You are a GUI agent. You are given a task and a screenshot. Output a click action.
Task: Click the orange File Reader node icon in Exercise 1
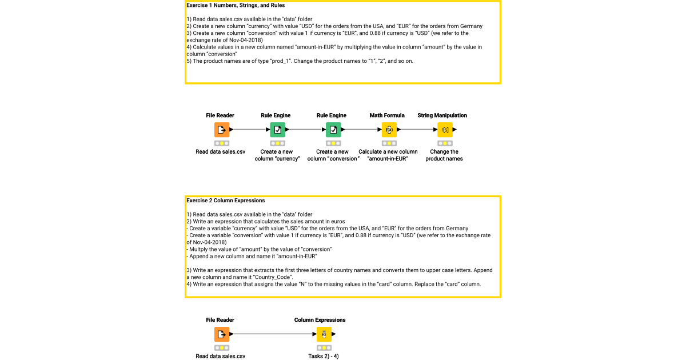[x=222, y=130]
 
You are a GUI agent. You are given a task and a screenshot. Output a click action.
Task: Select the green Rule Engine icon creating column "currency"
[x=277, y=130]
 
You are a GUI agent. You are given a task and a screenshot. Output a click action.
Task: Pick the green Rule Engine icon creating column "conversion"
[x=333, y=130]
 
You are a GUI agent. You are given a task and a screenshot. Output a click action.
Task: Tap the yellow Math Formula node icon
[x=389, y=130]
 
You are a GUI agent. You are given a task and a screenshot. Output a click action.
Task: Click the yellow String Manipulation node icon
[x=445, y=130]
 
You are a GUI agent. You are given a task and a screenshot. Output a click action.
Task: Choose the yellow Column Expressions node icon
[x=324, y=334]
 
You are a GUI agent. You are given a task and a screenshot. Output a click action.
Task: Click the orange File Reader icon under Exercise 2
[x=222, y=334]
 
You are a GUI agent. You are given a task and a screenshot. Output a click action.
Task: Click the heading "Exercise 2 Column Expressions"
[x=226, y=201]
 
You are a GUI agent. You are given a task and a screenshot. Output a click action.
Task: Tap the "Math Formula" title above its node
[x=387, y=115]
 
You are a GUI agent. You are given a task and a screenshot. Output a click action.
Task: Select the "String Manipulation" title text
[x=442, y=115]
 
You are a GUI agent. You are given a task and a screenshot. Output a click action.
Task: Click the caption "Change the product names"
[x=444, y=155]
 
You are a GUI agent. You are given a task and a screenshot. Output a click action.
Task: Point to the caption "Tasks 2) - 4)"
[x=324, y=356]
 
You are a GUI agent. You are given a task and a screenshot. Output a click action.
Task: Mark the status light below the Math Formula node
[x=389, y=143]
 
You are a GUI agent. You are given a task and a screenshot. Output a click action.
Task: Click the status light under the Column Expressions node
[x=324, y=347]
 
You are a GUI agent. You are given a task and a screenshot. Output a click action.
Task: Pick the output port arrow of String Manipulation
[x=454, y=130]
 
